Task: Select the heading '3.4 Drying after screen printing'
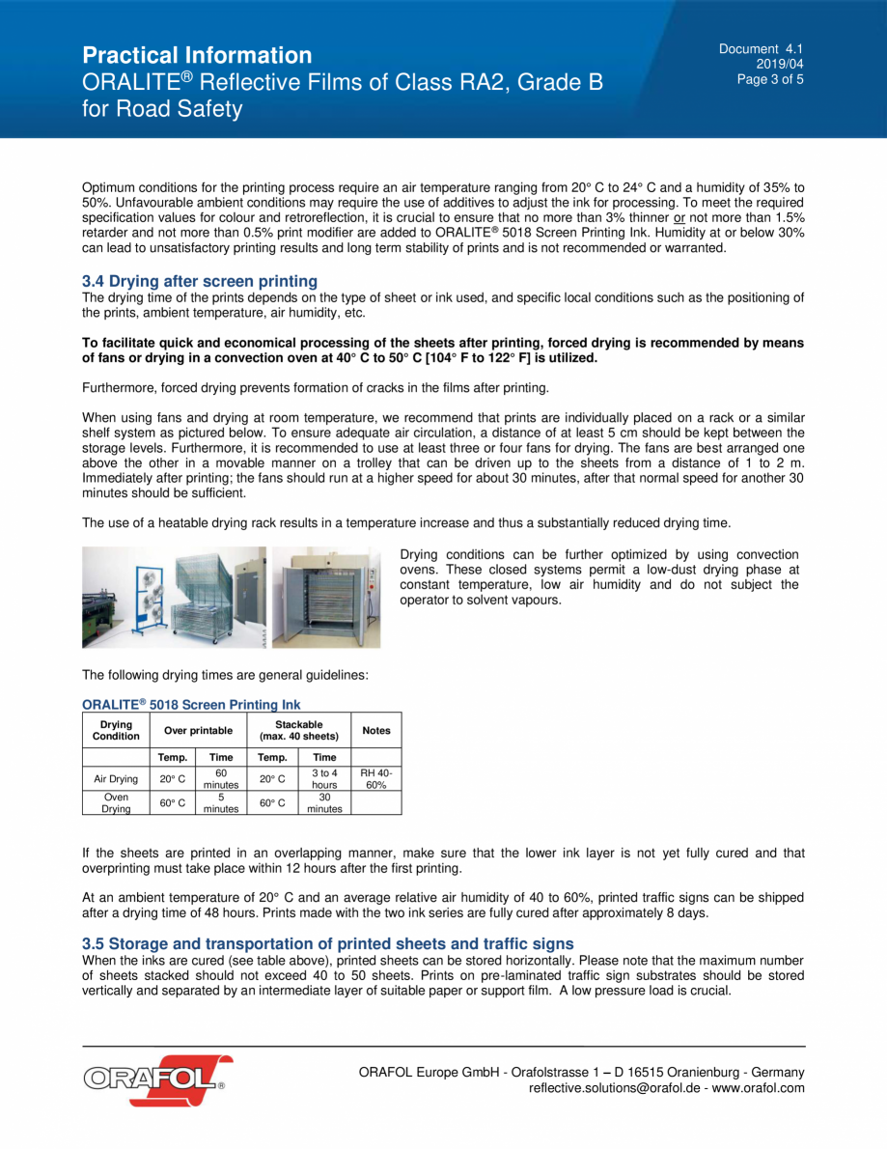click(200, 281)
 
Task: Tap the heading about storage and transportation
click(327, 943)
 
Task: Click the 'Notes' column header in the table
click(375, 730)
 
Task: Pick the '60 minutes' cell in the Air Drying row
click(220, 779)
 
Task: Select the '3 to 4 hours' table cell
click(324, 779)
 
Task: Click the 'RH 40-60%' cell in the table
click(375, 779)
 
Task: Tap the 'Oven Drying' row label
click(116, 803)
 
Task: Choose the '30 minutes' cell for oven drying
click(324, 803)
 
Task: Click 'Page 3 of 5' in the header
click(770, 80)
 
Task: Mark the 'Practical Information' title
click(197, 55)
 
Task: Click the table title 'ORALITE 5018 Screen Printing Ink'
click(191, 705)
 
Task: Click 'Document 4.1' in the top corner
click(761, 49)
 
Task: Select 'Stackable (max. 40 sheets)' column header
click(299, 730)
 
